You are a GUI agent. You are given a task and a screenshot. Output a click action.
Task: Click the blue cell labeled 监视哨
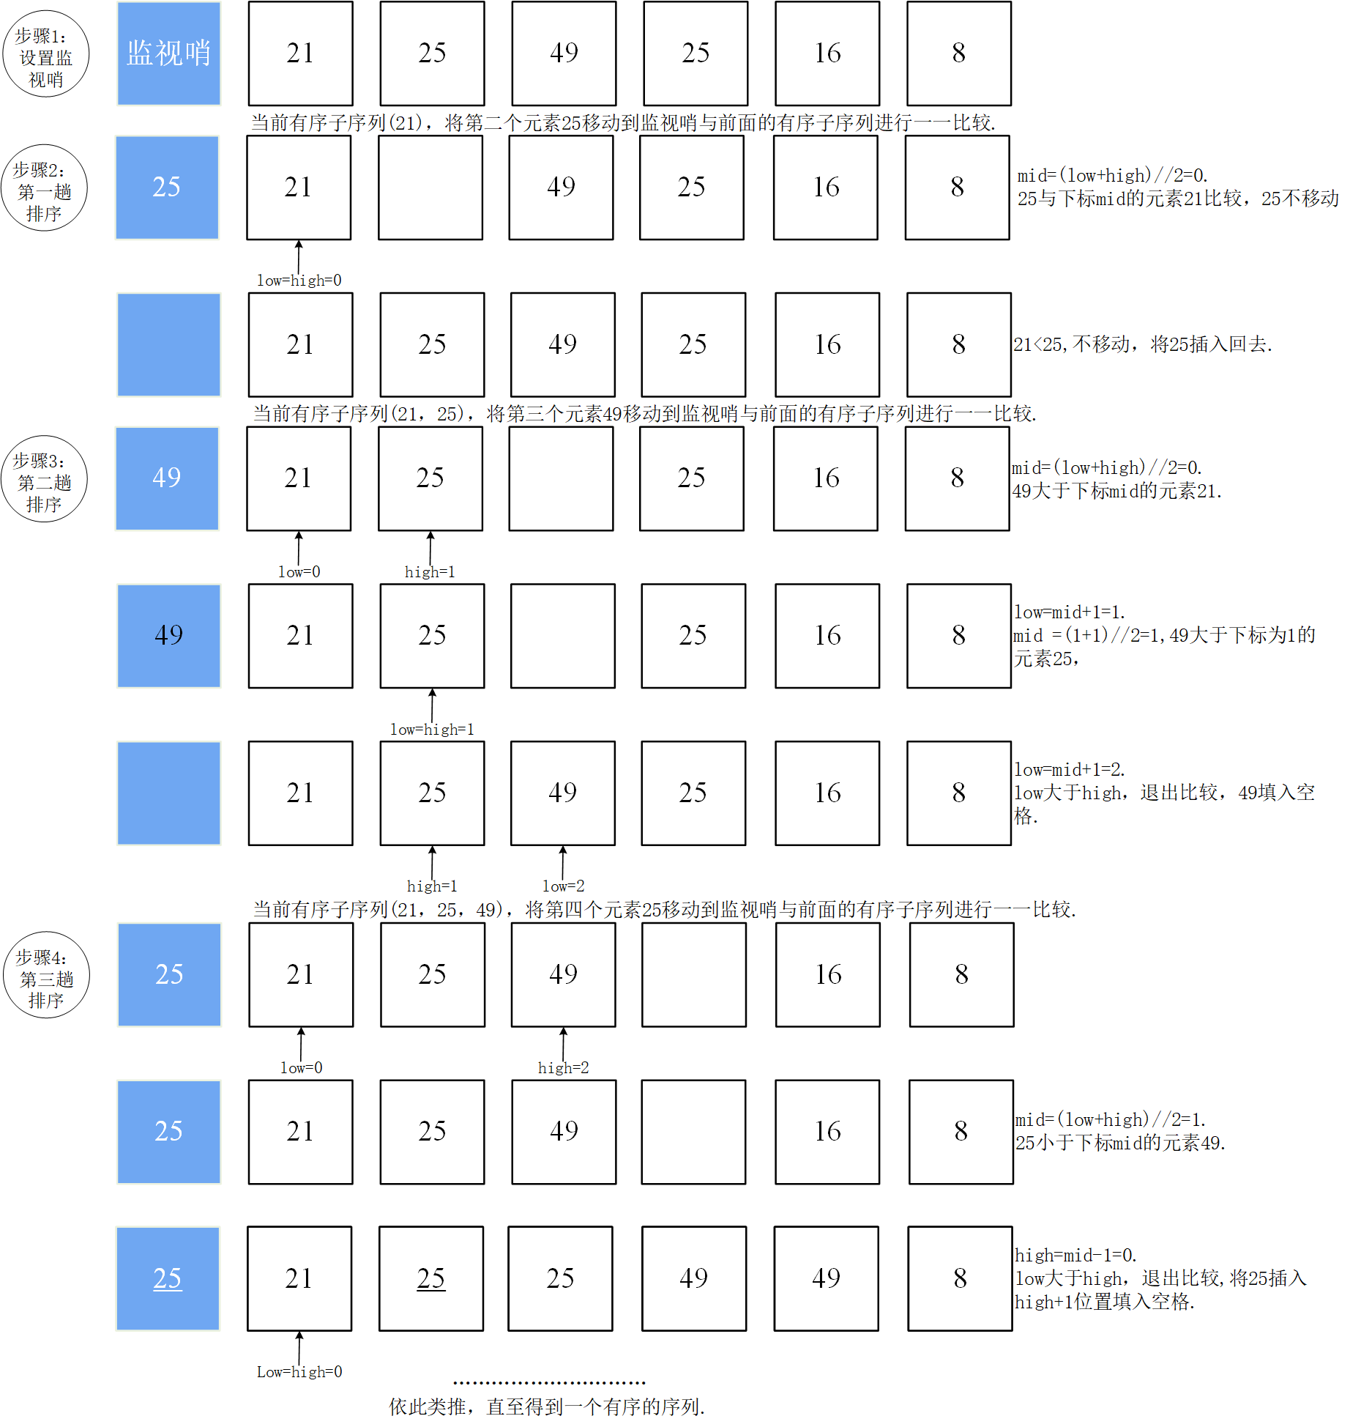pos(168,53)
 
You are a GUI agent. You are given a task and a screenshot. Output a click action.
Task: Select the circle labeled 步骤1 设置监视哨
pos(45,54)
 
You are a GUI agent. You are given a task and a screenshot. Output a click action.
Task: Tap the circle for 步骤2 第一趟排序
pos(44,188)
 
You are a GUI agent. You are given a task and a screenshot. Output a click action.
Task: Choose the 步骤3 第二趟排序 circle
pos(44,480)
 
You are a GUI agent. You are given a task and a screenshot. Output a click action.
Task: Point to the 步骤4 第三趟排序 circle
pos(45,976)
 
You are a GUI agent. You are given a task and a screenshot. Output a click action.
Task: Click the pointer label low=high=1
pos(432,730)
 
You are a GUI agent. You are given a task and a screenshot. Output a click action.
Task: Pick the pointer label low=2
pos(563,886)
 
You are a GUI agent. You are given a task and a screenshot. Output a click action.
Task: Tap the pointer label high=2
pos(563,1068)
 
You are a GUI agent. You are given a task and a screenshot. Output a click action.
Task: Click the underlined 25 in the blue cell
pos(168,1278)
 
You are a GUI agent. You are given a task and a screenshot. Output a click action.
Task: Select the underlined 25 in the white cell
pos(430,1278)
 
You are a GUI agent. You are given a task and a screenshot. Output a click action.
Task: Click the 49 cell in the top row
pos(564,53)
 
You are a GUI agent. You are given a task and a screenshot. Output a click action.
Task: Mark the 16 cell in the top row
pos(827,53)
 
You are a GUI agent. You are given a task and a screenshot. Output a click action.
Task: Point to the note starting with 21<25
pos(1142,344)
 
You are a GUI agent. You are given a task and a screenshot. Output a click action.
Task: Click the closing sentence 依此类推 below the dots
pos(546,1406)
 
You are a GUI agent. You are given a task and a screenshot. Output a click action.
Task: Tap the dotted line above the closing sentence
pos(549,1383)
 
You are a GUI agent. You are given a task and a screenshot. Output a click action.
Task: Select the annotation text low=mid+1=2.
pos(1070,770)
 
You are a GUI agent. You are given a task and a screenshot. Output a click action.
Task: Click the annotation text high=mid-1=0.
pos(1075,1256)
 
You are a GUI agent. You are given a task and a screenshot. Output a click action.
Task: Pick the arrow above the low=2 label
pos(563,861)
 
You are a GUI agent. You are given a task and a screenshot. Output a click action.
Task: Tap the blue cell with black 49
pos(168,635)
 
